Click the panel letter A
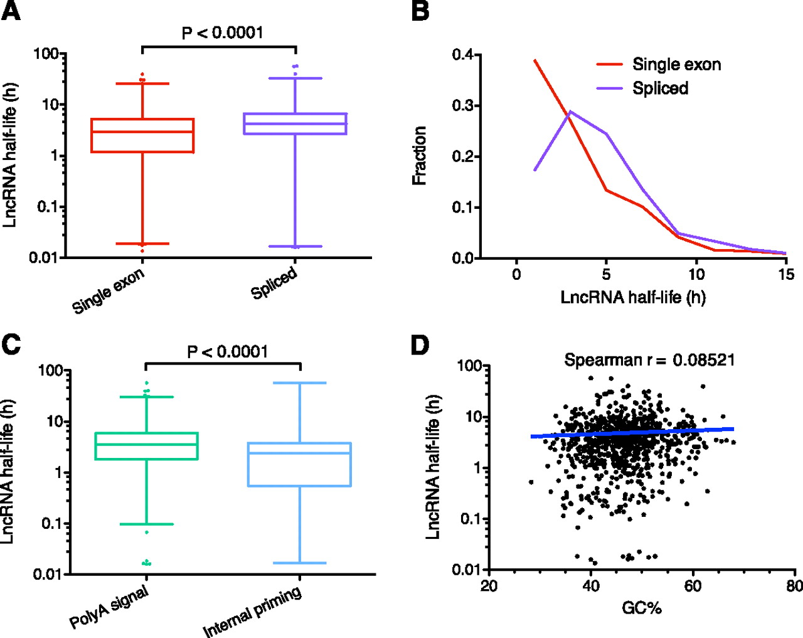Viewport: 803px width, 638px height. [11, 11]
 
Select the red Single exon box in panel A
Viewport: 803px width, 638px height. [142, 136]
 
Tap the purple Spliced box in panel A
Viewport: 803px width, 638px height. [295, 124]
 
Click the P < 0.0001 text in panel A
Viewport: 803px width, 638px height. [222, 33]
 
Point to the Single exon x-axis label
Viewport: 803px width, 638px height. [109, 291]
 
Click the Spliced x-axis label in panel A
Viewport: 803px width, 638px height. [274, 284]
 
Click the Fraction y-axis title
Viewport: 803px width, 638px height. [419, 156]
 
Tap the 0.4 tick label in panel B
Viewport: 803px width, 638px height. [463, 55]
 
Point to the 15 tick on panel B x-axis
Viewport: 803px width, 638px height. [786, 275]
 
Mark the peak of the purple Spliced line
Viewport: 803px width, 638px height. [570, 112]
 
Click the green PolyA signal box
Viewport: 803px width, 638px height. [146, 446]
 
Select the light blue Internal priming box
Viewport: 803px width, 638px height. [299, 464]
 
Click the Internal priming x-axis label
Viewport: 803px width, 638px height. [252, 612]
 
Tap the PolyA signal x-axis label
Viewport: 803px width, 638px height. [109, 607]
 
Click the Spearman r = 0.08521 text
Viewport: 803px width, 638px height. [649, 360]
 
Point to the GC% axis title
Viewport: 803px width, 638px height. [642, 607]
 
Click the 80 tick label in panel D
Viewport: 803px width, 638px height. [794, 586]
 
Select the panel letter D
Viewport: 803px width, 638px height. [420, 345]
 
